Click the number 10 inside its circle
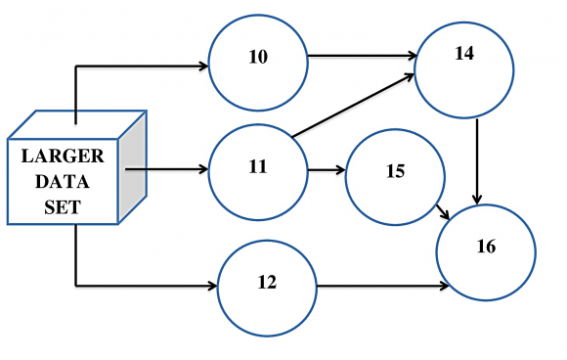pyautogui.click(x=258, y=57)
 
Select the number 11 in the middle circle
pyautogui.click(x=258, y=165)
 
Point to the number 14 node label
pyautogui.click(x=464, y=54)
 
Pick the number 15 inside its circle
pyautogui.click(x=395, y=171)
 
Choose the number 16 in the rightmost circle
pyautogui.click(x=486, y=247)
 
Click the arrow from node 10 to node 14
pyautogui.click(x=362, y=57)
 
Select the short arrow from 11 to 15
pyautogui.click(x=327, y=170)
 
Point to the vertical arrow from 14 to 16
pyautogui.click(x=477, y=157)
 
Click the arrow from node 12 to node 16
pyautogui.click(x=381, y=287)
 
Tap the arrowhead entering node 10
pyautogui.click(x=204, y=67)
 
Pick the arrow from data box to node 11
pyautogui.click(x=166, y=168)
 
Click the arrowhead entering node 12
pyautogui.click(x=212, y=287)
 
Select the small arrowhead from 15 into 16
pyautogui.click(x=445, y=215)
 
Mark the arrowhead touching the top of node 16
pyautogui.click(x=477, y=200)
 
